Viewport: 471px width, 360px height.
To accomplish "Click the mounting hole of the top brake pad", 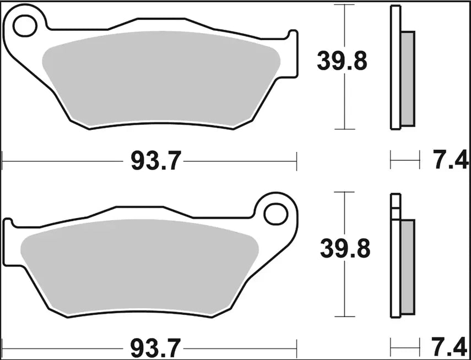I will pos(24,25).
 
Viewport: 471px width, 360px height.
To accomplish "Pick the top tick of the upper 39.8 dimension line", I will pos(344,5).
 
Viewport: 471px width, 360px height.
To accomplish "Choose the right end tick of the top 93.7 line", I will pos(296,161).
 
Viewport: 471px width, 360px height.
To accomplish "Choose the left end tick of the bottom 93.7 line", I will pos(3,348).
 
